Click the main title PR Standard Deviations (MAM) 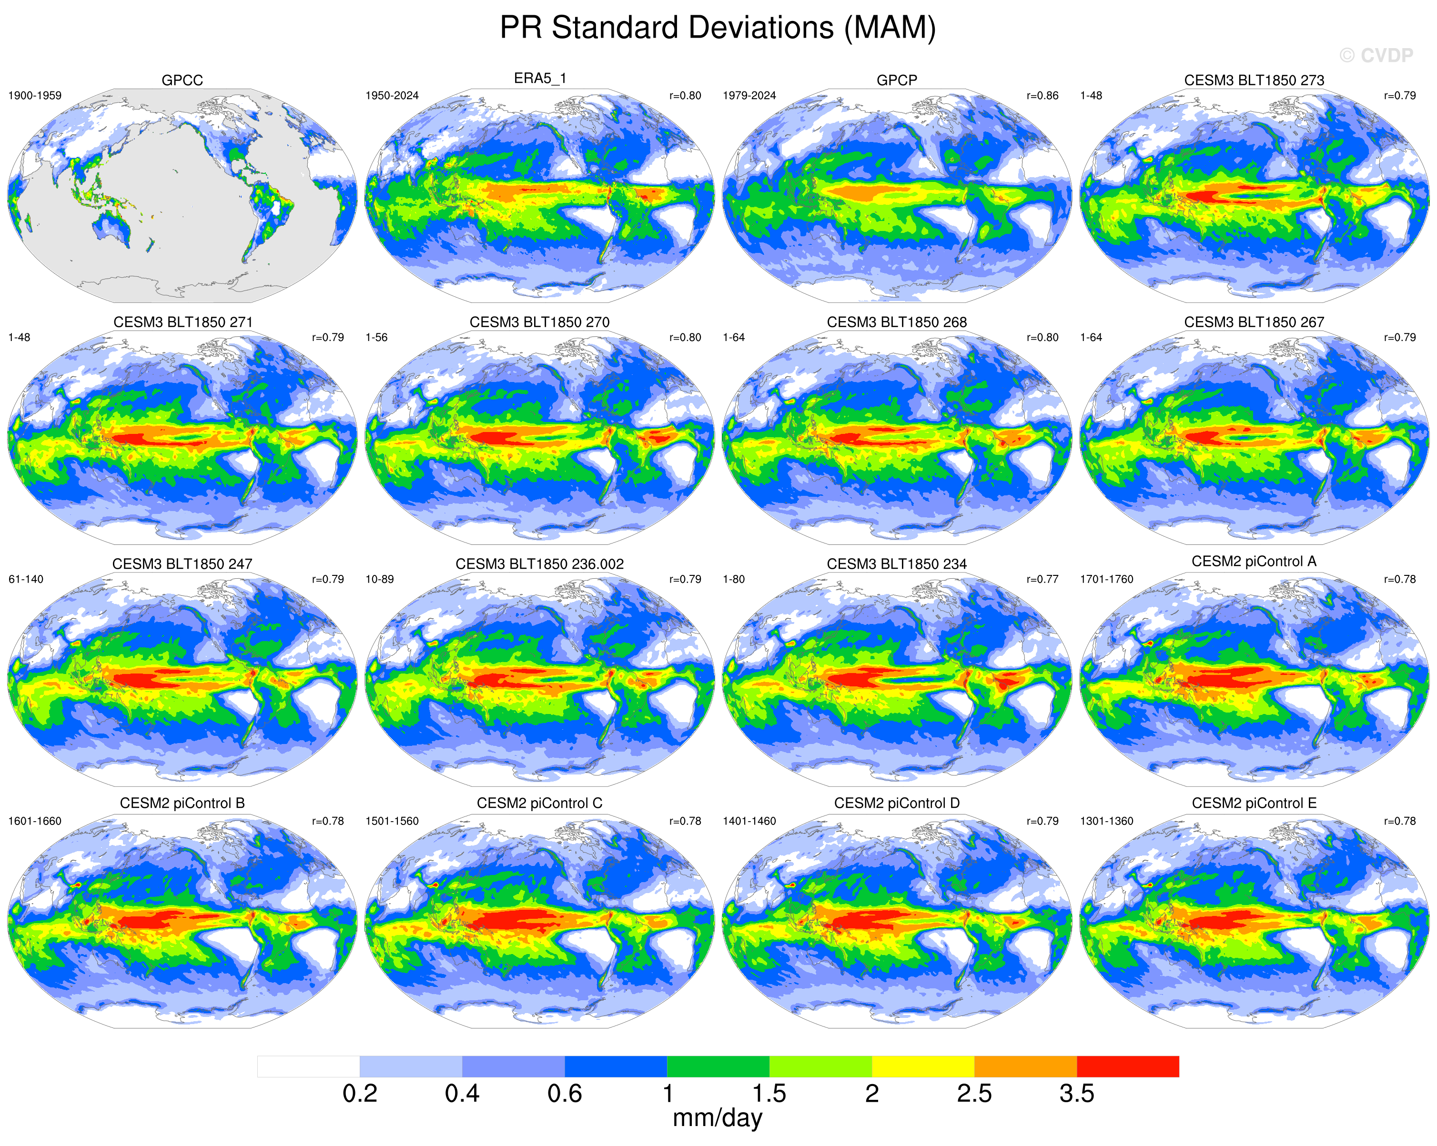(x=718, y=28)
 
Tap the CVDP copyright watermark (x=1376, y=55)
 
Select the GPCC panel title (x=182, y=80)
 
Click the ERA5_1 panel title (x=539, y=78)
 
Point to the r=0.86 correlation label (x=1042, y=95)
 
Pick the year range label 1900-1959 (x=35, y=95)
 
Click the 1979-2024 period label (x=749, y=95)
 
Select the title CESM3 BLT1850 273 (x=1254, y=80)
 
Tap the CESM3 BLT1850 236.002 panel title (x=539, y=563)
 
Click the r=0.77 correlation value (x=1042, y=579)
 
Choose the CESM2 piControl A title (x=1254, y=561)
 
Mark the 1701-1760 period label (x=1106, y=579)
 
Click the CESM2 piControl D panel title (x=897, y=803)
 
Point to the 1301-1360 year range (x=1106, y=821)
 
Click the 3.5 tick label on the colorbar (x=1076, y=1093)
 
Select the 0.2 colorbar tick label (x=360, y=1093)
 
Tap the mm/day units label (x=717, y=1117)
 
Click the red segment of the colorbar (x=1128, y=1066)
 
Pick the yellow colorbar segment (x=923, y=1066)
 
